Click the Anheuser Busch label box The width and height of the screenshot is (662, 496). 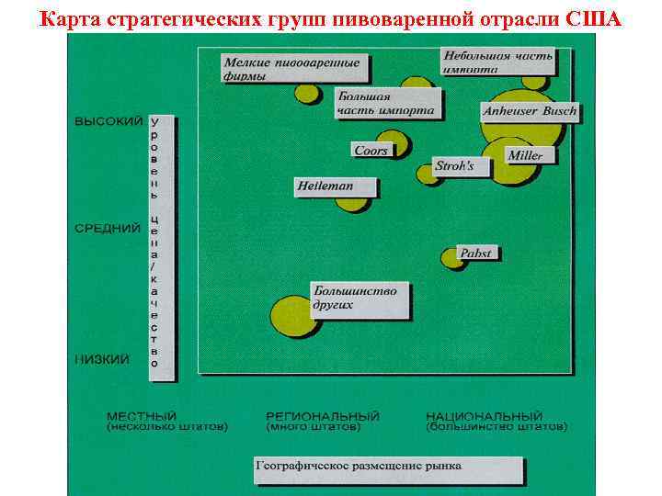[x=530, y=112]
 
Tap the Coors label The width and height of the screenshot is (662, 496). [x=371, y=150]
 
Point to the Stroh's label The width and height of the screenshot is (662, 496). [x=454, y=166]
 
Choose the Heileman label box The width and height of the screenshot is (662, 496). [x=324, y=186]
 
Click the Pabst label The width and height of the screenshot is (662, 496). [x=475, y=253]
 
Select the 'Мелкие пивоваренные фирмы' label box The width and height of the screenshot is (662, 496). [x=291, y=69]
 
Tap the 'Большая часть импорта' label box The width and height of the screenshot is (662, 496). [x=387, y=102]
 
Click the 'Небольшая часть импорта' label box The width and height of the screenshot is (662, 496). [x=497, y=61]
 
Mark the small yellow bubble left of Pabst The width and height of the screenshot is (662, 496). [x=451, y=258]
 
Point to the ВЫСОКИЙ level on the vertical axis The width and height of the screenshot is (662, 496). [x=108, y=120]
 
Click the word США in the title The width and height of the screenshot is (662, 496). [x=597, y=17]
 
